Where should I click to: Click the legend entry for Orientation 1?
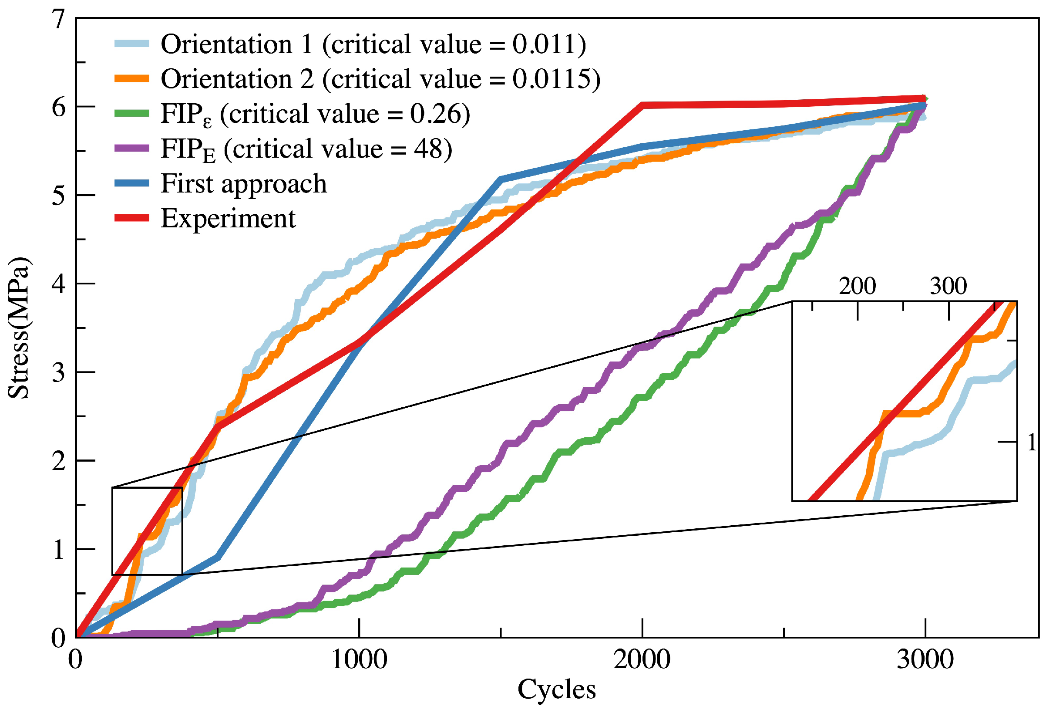373,44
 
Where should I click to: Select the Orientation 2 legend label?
381,79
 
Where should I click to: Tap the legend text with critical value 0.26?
316,115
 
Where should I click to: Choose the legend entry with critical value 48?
306,149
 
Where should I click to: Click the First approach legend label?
244,184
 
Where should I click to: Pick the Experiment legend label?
228,219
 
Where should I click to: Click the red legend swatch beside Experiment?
131,219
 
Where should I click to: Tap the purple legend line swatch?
131,149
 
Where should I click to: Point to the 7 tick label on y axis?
58,20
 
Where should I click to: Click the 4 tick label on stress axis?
58,284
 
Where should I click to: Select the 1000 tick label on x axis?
359,660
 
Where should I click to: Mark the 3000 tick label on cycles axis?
925,660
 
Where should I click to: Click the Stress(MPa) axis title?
19,328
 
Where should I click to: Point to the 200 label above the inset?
858,287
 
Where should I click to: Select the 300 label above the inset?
949,287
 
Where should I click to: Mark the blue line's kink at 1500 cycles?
501,180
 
